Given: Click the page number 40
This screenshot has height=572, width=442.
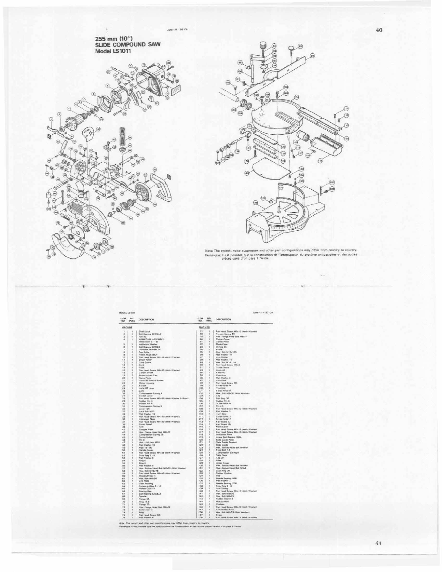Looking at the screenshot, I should click(x=379, y=30).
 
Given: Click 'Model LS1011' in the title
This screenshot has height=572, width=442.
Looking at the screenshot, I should click(x=112, y=51).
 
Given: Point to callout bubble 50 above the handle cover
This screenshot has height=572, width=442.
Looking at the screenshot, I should click(x=155, y=169).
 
